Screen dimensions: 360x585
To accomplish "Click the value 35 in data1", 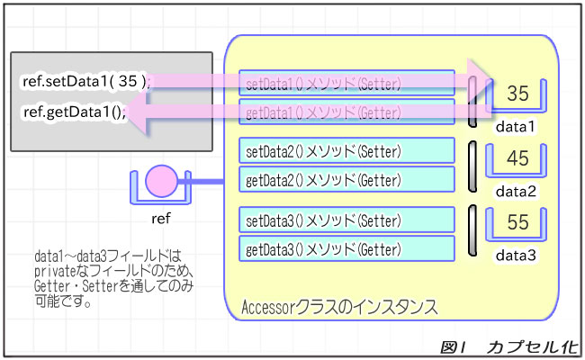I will point(517,94).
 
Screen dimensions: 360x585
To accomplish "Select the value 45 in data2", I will point(517,158).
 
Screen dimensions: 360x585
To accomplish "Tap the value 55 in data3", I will point(517,223).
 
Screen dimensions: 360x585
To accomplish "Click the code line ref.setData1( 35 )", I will point(85,81).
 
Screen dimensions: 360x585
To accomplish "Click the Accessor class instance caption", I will point(340,308).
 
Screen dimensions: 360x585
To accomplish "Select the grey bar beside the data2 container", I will point(472,166).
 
